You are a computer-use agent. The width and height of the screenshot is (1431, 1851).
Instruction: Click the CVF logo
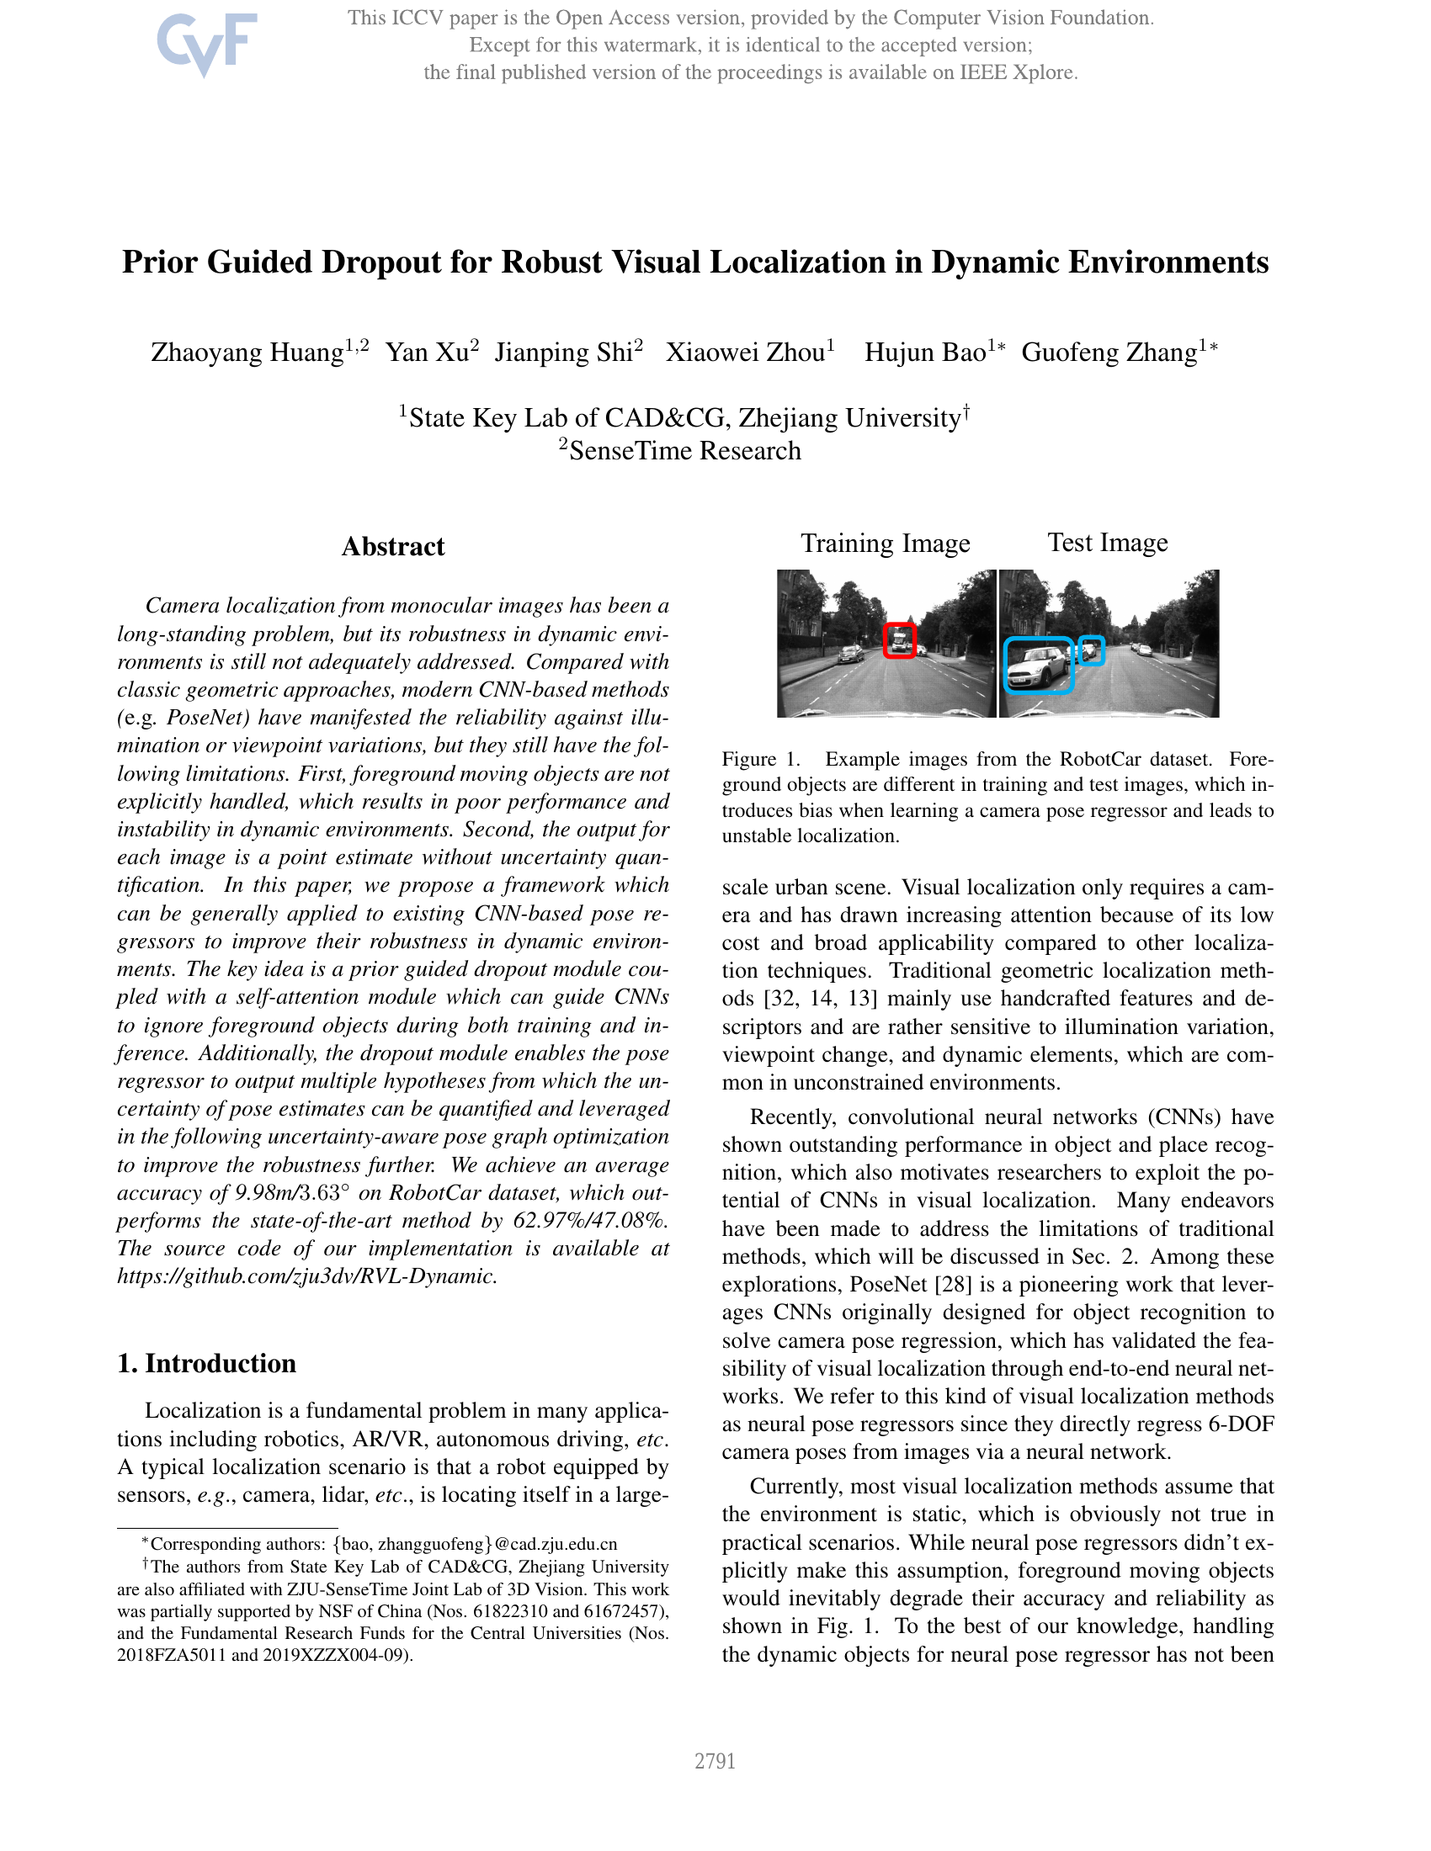pos(206,43)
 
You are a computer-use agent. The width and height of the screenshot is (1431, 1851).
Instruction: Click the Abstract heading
pos(392,547)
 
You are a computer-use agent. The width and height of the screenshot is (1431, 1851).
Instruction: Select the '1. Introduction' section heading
pos(207,1363)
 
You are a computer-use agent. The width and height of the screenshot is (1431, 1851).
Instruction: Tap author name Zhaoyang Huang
pos(247,352)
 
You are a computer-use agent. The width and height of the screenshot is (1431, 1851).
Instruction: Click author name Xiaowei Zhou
pos(745,352)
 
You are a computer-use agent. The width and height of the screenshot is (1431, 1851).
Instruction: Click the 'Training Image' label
pos(885,544)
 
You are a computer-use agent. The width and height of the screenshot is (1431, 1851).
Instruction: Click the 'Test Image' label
pos(1107,543)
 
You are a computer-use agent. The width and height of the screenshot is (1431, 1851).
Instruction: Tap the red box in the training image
pos(900,640)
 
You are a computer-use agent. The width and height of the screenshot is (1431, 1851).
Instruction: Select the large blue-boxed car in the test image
pos(1039,666)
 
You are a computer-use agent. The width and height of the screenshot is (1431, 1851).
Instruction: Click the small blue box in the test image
pos(1092,650)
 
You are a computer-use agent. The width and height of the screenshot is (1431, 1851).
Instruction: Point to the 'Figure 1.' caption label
pos(760,760)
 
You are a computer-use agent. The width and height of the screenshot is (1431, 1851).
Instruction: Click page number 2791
pos(715,1761)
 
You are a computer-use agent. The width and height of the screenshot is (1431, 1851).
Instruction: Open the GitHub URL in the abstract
pos(306,1276)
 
